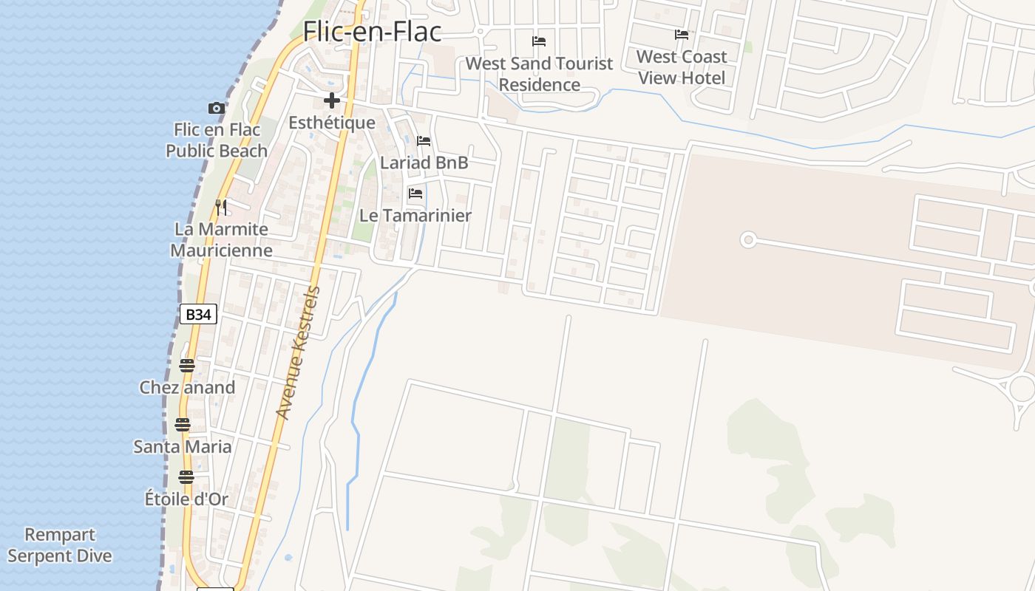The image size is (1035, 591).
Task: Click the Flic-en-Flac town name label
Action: (372, 31)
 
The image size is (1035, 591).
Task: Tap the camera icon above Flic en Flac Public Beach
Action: (216, 109)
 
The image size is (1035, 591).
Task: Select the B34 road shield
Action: (198, 315)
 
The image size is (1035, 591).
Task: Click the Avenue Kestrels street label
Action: (298, 353)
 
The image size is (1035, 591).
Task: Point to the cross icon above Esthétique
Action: (332, 100)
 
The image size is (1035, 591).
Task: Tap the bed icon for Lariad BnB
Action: (424, 141)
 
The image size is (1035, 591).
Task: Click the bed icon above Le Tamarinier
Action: (415, 194)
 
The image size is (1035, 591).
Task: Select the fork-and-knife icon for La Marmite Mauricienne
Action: (221, 207)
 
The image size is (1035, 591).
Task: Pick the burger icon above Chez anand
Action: (187, 366)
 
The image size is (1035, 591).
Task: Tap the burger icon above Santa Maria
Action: (183, 425)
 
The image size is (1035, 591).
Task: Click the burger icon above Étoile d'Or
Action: (186, 477)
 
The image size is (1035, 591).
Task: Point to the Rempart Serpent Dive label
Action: (60, 545)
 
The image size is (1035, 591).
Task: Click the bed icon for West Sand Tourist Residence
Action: (539, 41)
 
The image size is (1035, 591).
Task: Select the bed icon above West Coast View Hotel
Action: (682, 35)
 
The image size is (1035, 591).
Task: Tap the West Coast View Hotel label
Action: (682, 67)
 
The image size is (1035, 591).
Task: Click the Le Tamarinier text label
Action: (415, 216)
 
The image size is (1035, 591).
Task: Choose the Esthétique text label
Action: (332, 123)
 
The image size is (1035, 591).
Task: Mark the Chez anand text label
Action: (187, 388)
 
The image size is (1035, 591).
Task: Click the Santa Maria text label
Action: (183, 447)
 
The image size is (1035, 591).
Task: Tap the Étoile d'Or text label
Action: (186, 499)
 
